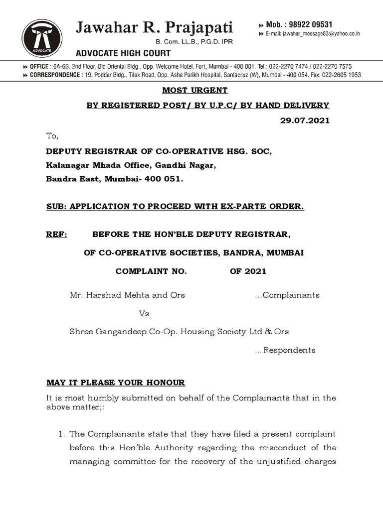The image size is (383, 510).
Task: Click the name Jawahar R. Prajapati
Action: coord(154,26)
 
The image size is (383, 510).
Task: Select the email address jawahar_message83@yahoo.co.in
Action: coord(314,34)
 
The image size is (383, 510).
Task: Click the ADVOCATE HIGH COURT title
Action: coord(123,53)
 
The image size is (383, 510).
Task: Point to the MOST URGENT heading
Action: coord(194,90)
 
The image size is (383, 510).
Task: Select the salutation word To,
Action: coord(52,136)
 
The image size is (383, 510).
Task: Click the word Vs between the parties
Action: coord(144,314)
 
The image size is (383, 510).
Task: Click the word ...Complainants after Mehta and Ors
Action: coord(287,295)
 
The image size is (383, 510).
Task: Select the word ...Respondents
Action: coord(285,350)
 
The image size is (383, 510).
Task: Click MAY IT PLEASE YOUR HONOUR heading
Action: coord(116,382)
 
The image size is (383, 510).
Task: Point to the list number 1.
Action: coord(62,434)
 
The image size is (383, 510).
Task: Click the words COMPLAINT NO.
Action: coord(151,271)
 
